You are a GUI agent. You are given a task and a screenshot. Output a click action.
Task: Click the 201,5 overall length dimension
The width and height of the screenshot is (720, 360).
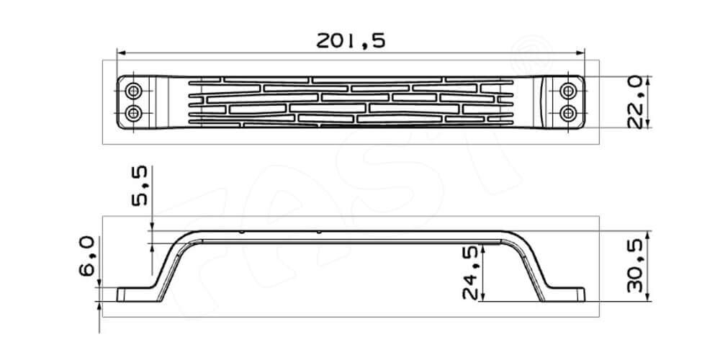[x=351, y=40]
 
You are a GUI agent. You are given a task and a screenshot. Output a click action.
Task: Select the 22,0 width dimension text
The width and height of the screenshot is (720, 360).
[x=634, y=102]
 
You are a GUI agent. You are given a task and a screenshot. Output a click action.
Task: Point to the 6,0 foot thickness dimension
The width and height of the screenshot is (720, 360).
[x=87, y=259]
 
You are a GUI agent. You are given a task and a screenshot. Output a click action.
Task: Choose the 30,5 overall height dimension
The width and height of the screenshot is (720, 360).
[x=634, y=266]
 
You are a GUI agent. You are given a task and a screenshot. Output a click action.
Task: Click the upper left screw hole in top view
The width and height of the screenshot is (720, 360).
[x=134, y=91]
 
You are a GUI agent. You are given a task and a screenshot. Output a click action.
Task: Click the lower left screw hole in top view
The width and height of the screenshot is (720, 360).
[x=134, y=113]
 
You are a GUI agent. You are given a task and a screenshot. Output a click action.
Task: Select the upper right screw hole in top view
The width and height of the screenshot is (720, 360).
[x=569, y=91]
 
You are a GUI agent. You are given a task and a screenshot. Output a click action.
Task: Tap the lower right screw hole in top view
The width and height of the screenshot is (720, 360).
[x=569, y=113]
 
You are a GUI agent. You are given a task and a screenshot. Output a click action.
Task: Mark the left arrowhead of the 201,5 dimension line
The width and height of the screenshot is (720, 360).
[x=121, y=53]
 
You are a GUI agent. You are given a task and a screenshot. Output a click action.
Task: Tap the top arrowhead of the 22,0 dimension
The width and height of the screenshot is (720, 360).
[x=650, y=80]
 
